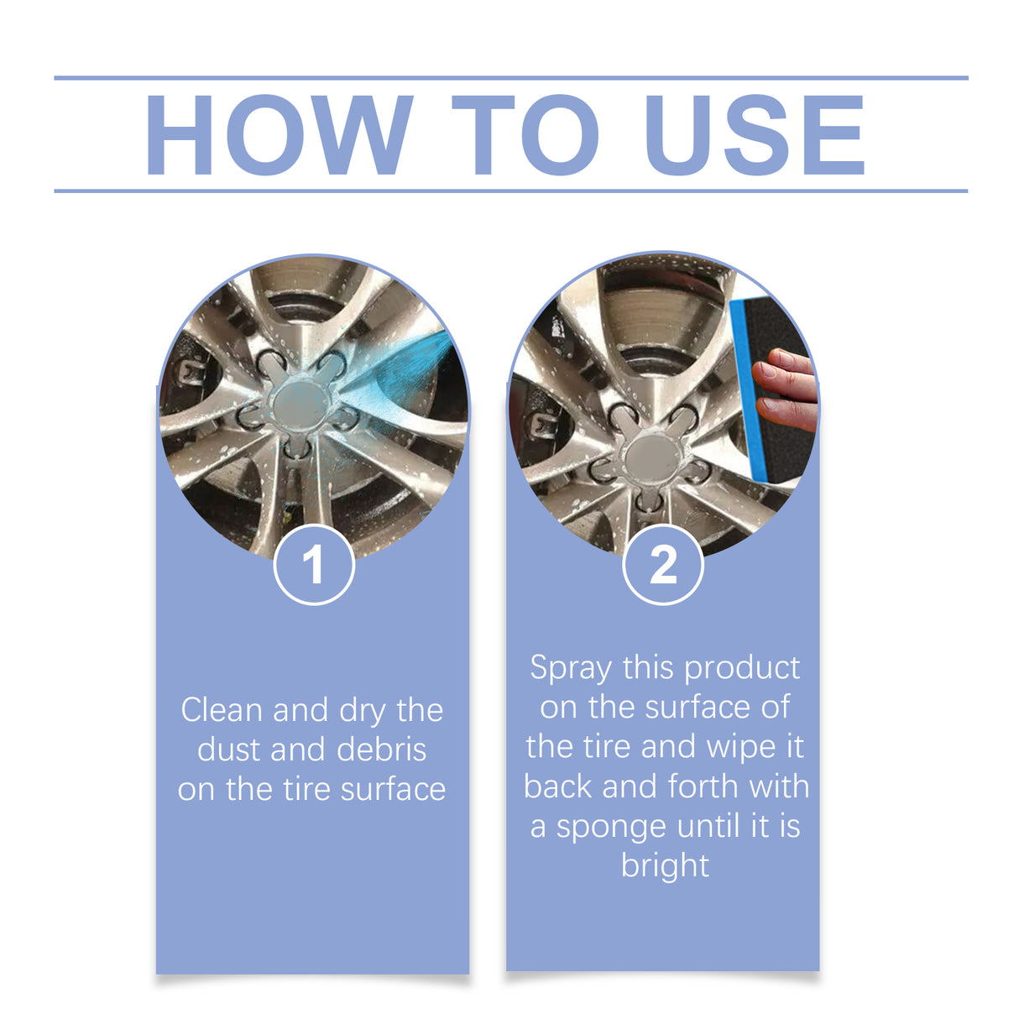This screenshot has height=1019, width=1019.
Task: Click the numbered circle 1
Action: [314, 565]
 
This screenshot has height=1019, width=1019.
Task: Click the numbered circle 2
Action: [663, 565]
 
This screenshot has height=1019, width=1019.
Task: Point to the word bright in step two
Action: [665, 866]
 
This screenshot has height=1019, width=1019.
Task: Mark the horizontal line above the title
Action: [510, 78]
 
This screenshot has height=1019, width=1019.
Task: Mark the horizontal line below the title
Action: [510, 191]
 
